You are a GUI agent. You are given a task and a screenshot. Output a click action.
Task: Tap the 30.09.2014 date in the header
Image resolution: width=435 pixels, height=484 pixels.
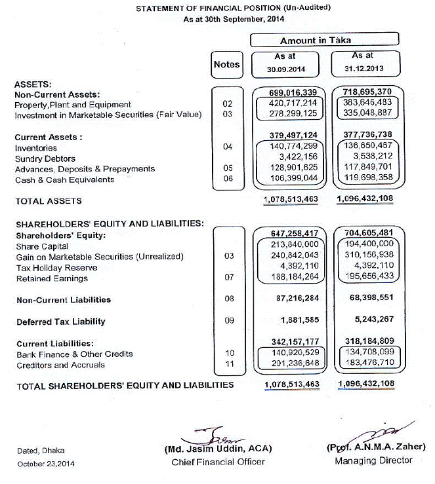(x=285, y=69)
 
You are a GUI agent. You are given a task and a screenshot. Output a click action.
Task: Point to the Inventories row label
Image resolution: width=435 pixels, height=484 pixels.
(x=37, y=147)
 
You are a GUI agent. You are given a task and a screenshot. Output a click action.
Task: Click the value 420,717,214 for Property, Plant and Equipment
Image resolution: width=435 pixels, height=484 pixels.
(x=293, y=103)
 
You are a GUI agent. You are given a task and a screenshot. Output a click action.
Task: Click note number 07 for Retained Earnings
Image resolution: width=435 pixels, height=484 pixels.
(x=228, y=278)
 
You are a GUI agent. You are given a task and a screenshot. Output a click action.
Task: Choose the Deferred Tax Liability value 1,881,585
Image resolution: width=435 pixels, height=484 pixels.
(x=294, y=322)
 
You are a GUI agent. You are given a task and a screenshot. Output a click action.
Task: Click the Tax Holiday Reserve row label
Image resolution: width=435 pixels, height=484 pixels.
(x=56, y=267)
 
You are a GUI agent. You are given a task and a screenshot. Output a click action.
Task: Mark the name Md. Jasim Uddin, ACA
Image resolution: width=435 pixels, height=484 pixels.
(x=217, y=450)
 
